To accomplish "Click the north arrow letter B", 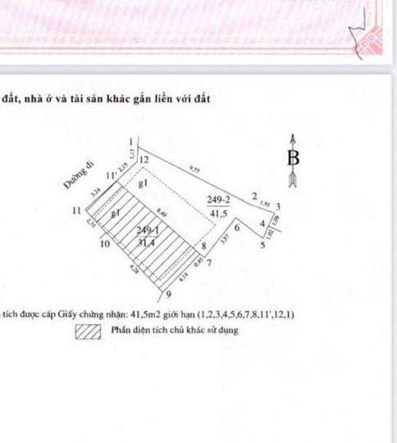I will [294, 158].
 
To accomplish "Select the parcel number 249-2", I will [218, 199].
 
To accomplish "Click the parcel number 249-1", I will [147, 231].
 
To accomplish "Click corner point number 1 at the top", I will [130, 142].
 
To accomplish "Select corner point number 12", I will [144, 159].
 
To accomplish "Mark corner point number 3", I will [279, 206].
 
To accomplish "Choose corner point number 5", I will [263, 244].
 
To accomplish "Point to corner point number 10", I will [104, 244].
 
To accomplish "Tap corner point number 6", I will [237, 229].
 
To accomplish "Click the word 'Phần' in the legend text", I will [120, 331].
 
